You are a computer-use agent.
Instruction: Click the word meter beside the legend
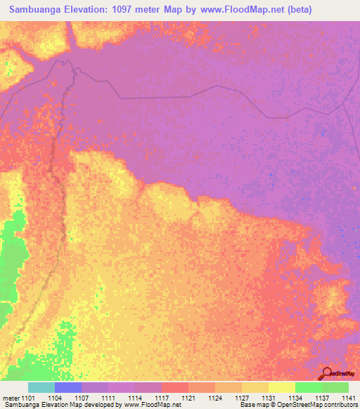tap(11, 398)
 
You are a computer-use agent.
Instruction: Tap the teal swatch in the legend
tap(41, 387)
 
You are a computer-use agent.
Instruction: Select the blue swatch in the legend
tap(68, 387)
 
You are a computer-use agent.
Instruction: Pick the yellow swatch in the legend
tap(282, 387)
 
